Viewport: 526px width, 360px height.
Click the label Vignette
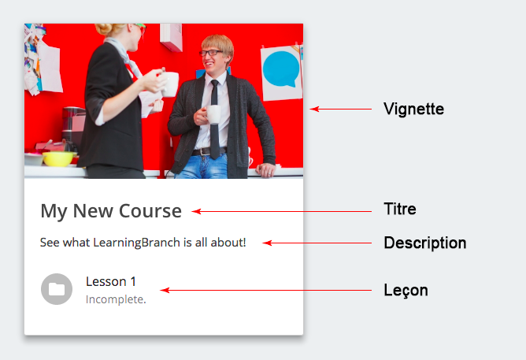pyautogui.click(x=413, y=109)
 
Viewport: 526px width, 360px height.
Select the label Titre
pyautogui.click(x=400, y=209)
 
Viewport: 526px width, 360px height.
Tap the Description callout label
pyautogui.click(x=425, y=243)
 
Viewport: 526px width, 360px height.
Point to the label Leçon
pyautogui.click(x=406, y=290)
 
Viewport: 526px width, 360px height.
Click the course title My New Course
pyautogui.click(x=111, y=211)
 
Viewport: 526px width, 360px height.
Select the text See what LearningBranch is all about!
pyautogui.click(x=143, y=243)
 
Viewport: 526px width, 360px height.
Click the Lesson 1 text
pyautogui.click(x=111, y=281)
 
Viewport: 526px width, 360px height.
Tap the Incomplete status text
pyautogui.click(x=116, y=299)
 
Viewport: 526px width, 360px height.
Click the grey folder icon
pyautogui.click(x=57, y=289)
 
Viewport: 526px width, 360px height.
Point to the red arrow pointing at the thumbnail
pyautogui.click(x=340, y=109)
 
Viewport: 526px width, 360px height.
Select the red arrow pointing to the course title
pyautogui.click(x=281, y=211)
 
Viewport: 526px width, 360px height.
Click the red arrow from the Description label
pyautogui.click(x=317, y=243)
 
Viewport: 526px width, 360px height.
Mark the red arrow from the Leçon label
pyautogui.click(x=265, y=290)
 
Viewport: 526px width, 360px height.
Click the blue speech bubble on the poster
pyautogui.click(x=281, y=69)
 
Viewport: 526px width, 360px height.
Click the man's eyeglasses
pyautogui.click(x=211, y=53)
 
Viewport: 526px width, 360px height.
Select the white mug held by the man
pyautogui.click(x=213, y=114)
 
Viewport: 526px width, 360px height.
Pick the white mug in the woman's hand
pyautogui.click(x=170, y=84)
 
